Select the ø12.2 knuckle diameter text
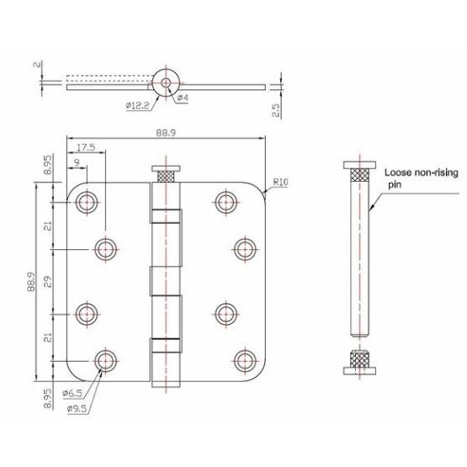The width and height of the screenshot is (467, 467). point(140,104)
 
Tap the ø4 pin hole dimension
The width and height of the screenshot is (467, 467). point(183,98)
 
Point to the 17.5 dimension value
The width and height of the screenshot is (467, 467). point(85,146)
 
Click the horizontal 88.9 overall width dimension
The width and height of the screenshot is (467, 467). point(165,131)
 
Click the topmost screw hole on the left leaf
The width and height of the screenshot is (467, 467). point(87,201)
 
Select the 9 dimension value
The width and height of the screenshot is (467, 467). point(77,163)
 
